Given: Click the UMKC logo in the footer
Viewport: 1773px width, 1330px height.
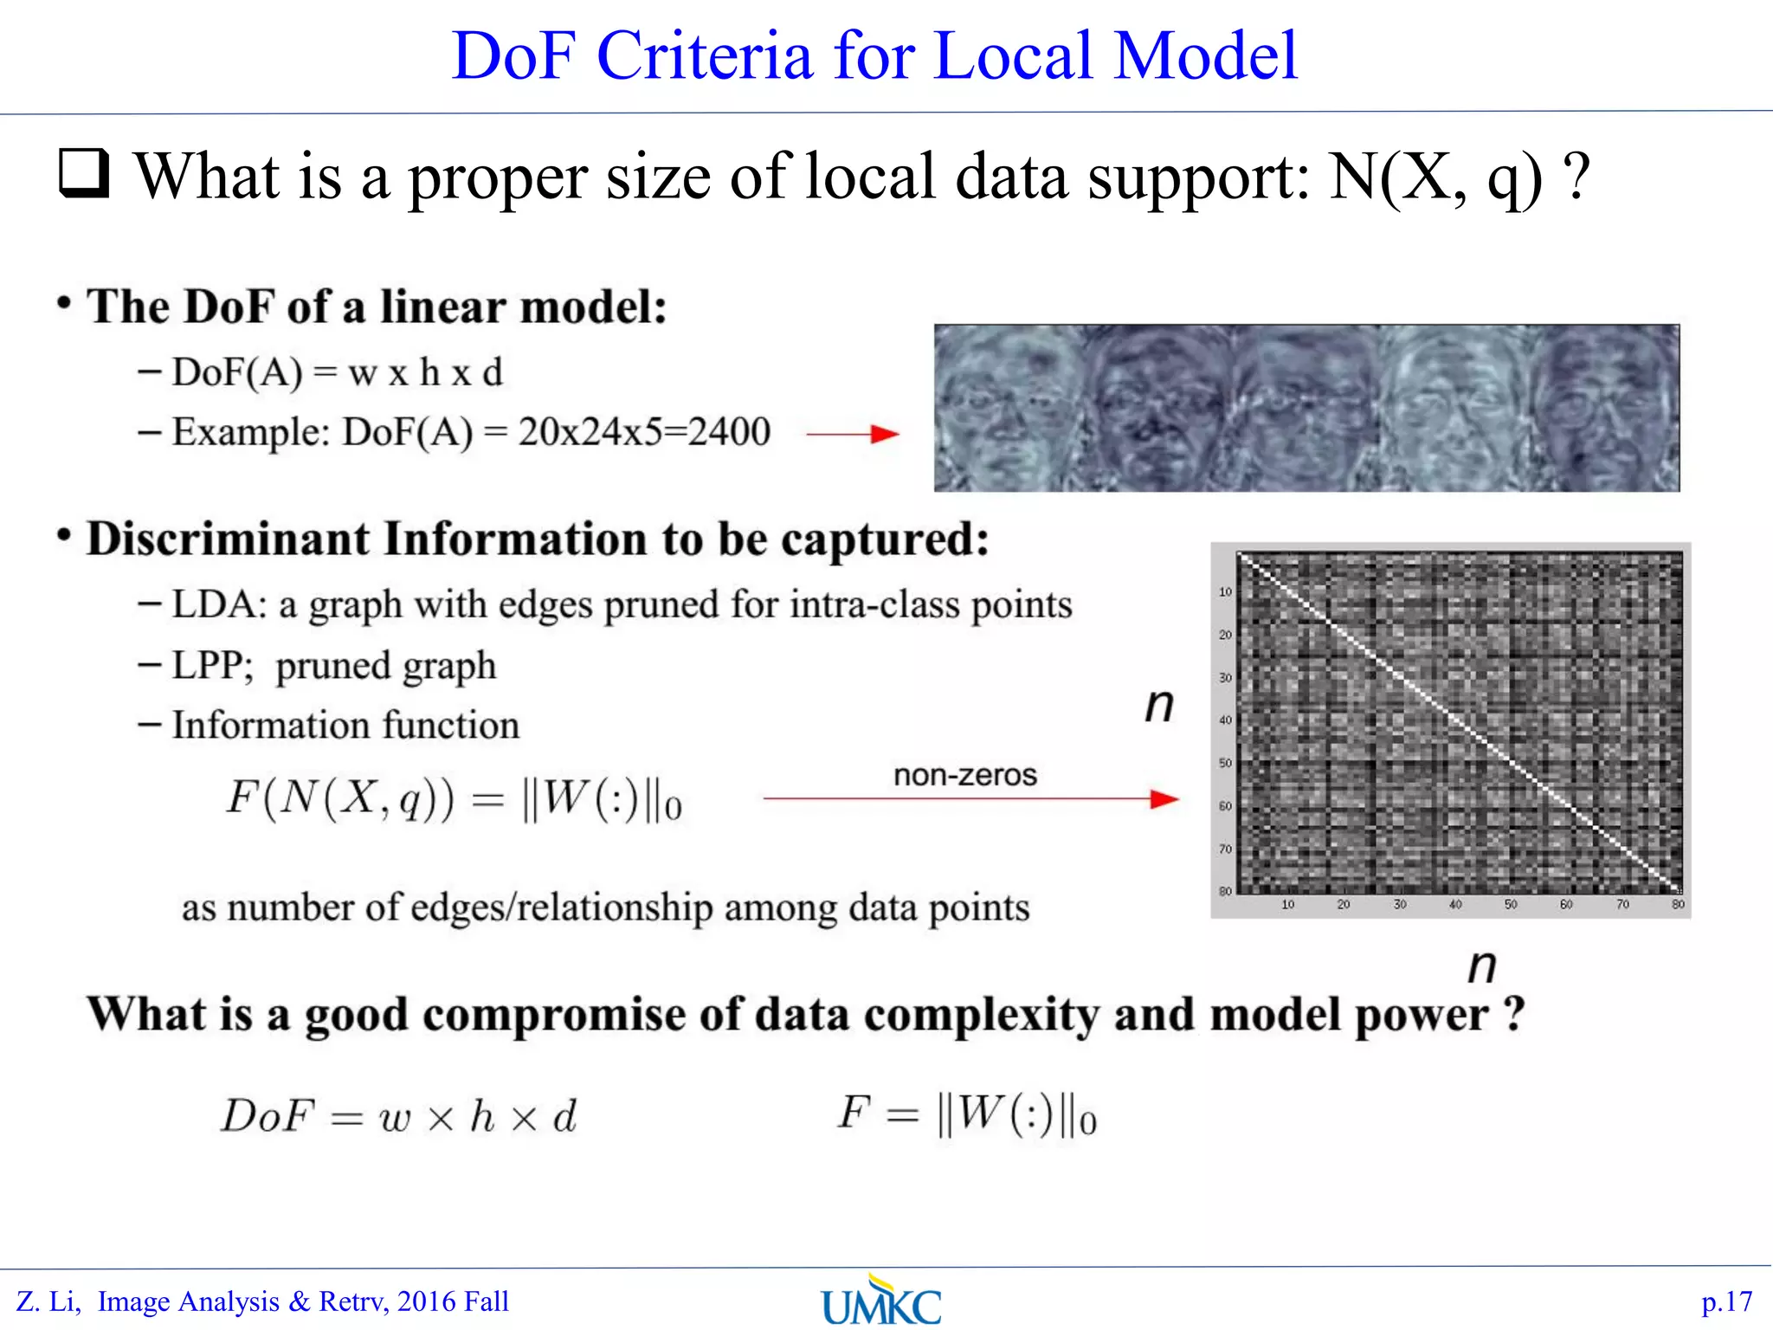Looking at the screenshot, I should [x=881, y=1302].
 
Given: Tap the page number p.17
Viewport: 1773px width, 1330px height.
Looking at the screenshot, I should [x=1726, y=1301].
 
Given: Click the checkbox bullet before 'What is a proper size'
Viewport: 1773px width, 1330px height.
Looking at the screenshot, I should [x=84, y=173].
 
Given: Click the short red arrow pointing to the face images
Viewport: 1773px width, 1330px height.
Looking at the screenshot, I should [x=852, y=434].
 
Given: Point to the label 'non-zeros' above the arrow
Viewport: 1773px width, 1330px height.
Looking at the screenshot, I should [x=964, y=774].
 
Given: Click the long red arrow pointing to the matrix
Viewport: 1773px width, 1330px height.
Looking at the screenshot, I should [x=970, y=798].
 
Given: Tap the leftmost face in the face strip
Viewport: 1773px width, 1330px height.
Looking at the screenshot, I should [x=1007, y=409].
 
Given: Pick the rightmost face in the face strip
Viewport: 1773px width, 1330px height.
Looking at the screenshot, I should [x=1607, y=409].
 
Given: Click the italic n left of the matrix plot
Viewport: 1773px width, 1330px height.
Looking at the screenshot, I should [x=1159, y=705].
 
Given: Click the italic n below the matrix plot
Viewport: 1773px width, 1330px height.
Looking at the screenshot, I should [x=1482, y=965].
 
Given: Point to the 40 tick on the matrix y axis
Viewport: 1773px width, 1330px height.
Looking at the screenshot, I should [x=1225, y=720].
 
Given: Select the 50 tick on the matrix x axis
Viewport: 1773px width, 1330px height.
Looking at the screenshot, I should [x=1511, y=904].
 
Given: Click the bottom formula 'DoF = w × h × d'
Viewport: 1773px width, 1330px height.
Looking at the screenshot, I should [x=398, y=1115].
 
